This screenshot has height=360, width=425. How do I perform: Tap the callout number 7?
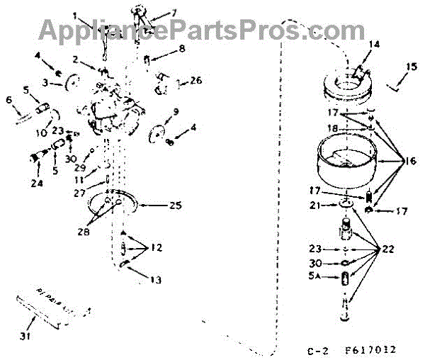point(174,13)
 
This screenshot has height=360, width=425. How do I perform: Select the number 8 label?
point(182,49)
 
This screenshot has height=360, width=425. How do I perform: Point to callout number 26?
point(196,80)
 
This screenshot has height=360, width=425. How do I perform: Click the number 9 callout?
point(176,111)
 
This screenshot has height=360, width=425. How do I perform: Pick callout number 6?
point(8,101)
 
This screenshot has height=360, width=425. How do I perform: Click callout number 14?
point(374,44)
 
